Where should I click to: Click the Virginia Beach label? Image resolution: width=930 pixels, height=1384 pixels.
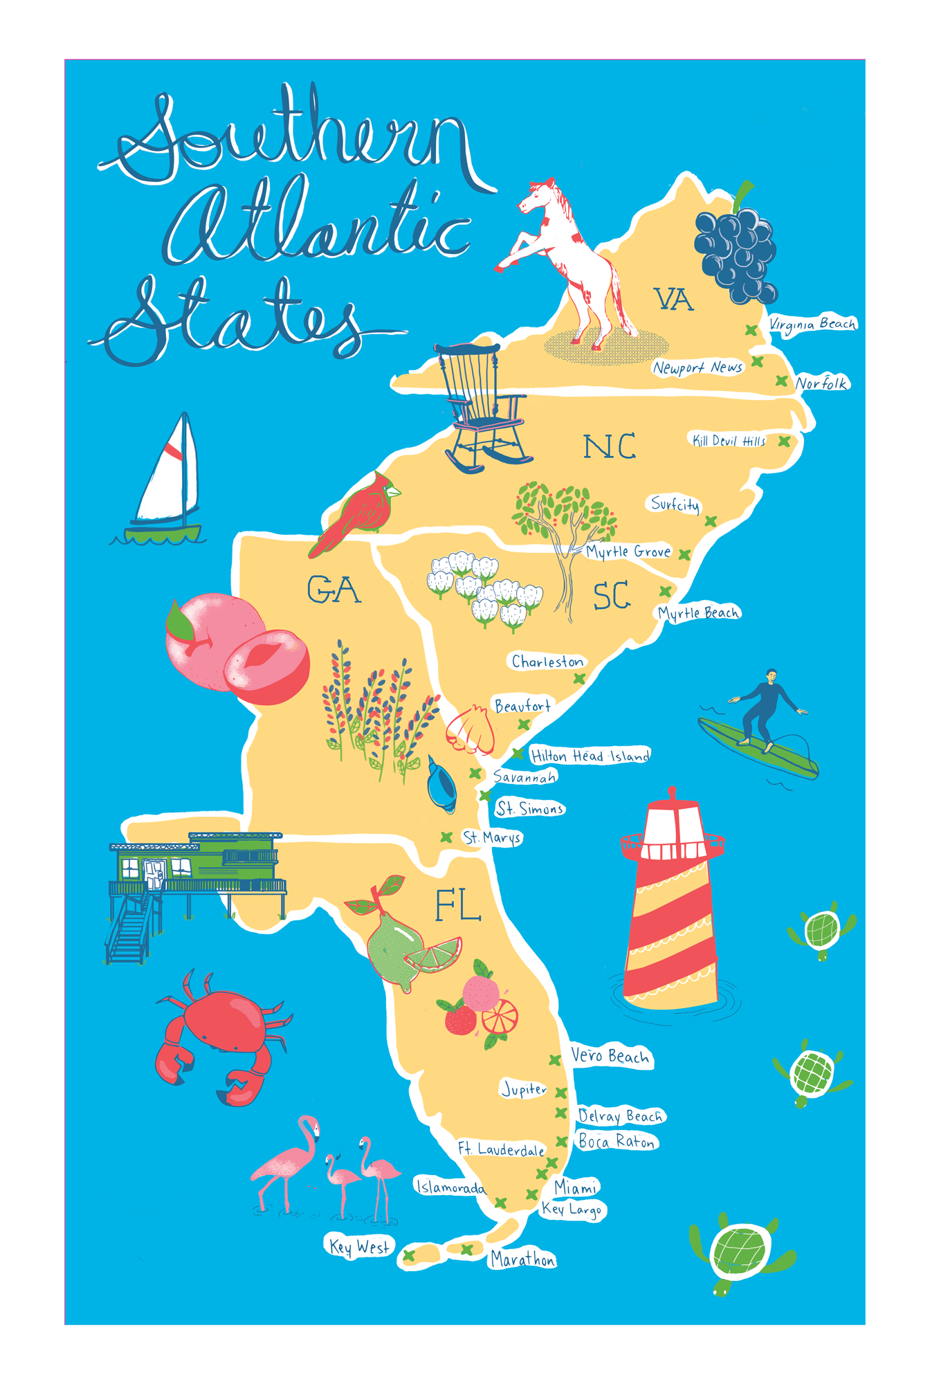pyautogui.click(x=812, y=324)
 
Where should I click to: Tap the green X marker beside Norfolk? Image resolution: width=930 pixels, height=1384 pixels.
pyautogui.click(x=781, y=381)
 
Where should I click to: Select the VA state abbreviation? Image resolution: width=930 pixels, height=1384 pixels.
pyautogui.click(x=673, y=300)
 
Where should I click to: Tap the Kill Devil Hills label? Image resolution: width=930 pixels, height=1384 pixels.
pyautogui.click(x=729, y=441)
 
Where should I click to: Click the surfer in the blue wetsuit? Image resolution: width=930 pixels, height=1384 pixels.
pyautogui.click(x=764, y=709)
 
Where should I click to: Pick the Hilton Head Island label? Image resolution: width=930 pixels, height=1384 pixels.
pyautogui.click(x=590, y=756)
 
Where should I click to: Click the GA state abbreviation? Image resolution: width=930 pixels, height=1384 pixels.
pyautogui.click(x=334, y=590)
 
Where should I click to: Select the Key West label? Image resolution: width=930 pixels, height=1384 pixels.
pyautogui.click(x=359, y=1246)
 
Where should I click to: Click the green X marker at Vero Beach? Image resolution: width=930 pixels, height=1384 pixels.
pyautogui.click(x=555, y=1059)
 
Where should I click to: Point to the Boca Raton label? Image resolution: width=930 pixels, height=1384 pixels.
pyautogui.click(x=617, y=1141)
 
